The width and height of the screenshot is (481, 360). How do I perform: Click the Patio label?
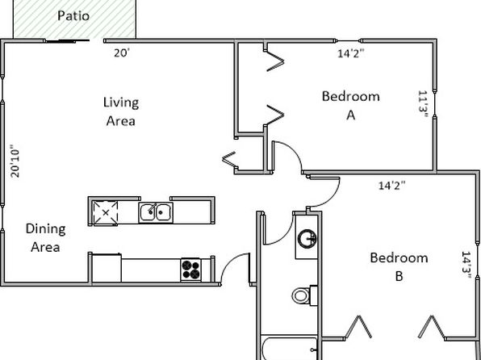coord(73,16)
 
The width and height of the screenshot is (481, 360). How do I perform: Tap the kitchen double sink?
coord(156,212)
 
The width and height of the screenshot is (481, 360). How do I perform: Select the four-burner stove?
coord(190,270)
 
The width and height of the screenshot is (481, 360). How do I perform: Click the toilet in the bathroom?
coord(304,295)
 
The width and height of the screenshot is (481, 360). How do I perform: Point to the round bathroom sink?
coord(307,239)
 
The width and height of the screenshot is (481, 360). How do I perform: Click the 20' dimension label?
coord(122,53)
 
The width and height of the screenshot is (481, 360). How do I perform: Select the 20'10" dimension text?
coord(15,161)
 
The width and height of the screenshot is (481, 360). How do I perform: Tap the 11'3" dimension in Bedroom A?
coord(423,105)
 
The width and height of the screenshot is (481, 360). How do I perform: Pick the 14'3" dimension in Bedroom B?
coord(466,265)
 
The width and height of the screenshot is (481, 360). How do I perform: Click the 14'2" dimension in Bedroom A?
coord(351,53)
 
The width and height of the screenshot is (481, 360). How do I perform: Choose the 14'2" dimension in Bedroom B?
coord(392,186)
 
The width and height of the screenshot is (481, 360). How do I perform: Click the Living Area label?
coord(121,111)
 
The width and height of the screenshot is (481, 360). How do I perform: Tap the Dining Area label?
coord(45,238)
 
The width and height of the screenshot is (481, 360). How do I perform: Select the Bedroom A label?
coord(350,106)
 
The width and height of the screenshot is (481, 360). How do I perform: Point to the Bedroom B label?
coord(399,266)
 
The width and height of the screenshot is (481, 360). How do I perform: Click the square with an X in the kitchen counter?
coord(106,212)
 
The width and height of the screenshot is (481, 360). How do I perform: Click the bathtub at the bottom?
coord(289,349)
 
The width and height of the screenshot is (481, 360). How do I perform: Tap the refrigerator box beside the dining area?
coord(107,268)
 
